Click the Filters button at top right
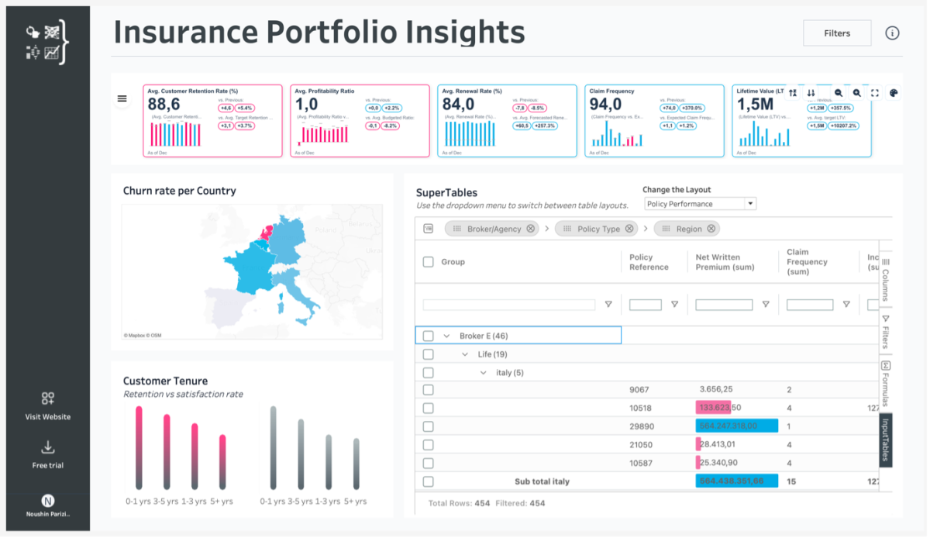pyautogui.click(x=837, y=33)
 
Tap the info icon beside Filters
pyautogui.click(x=892, y=33)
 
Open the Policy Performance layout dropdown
pyautogui.click(x=700, y=204)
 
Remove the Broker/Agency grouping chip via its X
pyautogui.click(x=530, y=229)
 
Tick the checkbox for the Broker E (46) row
pyautogui.click(x=428, y=336)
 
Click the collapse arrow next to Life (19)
pyautogui.click(x=465, y=354)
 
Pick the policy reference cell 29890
pyautogui.click(x=640, y=426)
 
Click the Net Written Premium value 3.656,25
pyautogui.click(x=716, y=389)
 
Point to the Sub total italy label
pyautogui.click(x=542, y=481)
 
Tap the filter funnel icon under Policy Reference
pyautogui.click(x=674, y=305)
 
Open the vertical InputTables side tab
pyautogui.click(x=886, y=440)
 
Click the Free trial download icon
pyautogui.click(x=47, y=447)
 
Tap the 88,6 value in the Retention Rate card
pyautogui.click(x=164, y=105)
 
